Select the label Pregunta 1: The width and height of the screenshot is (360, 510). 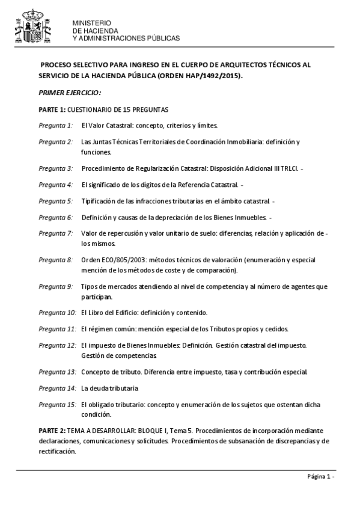pyautogui.click(x=55, y=126)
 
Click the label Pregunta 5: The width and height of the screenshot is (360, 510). pyautogui.click(x=55, y=200)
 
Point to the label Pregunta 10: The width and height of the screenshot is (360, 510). pyautogui.click(x=57, y=313)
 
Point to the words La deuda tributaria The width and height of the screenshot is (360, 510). pyautogui.click(x=110, y=388)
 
